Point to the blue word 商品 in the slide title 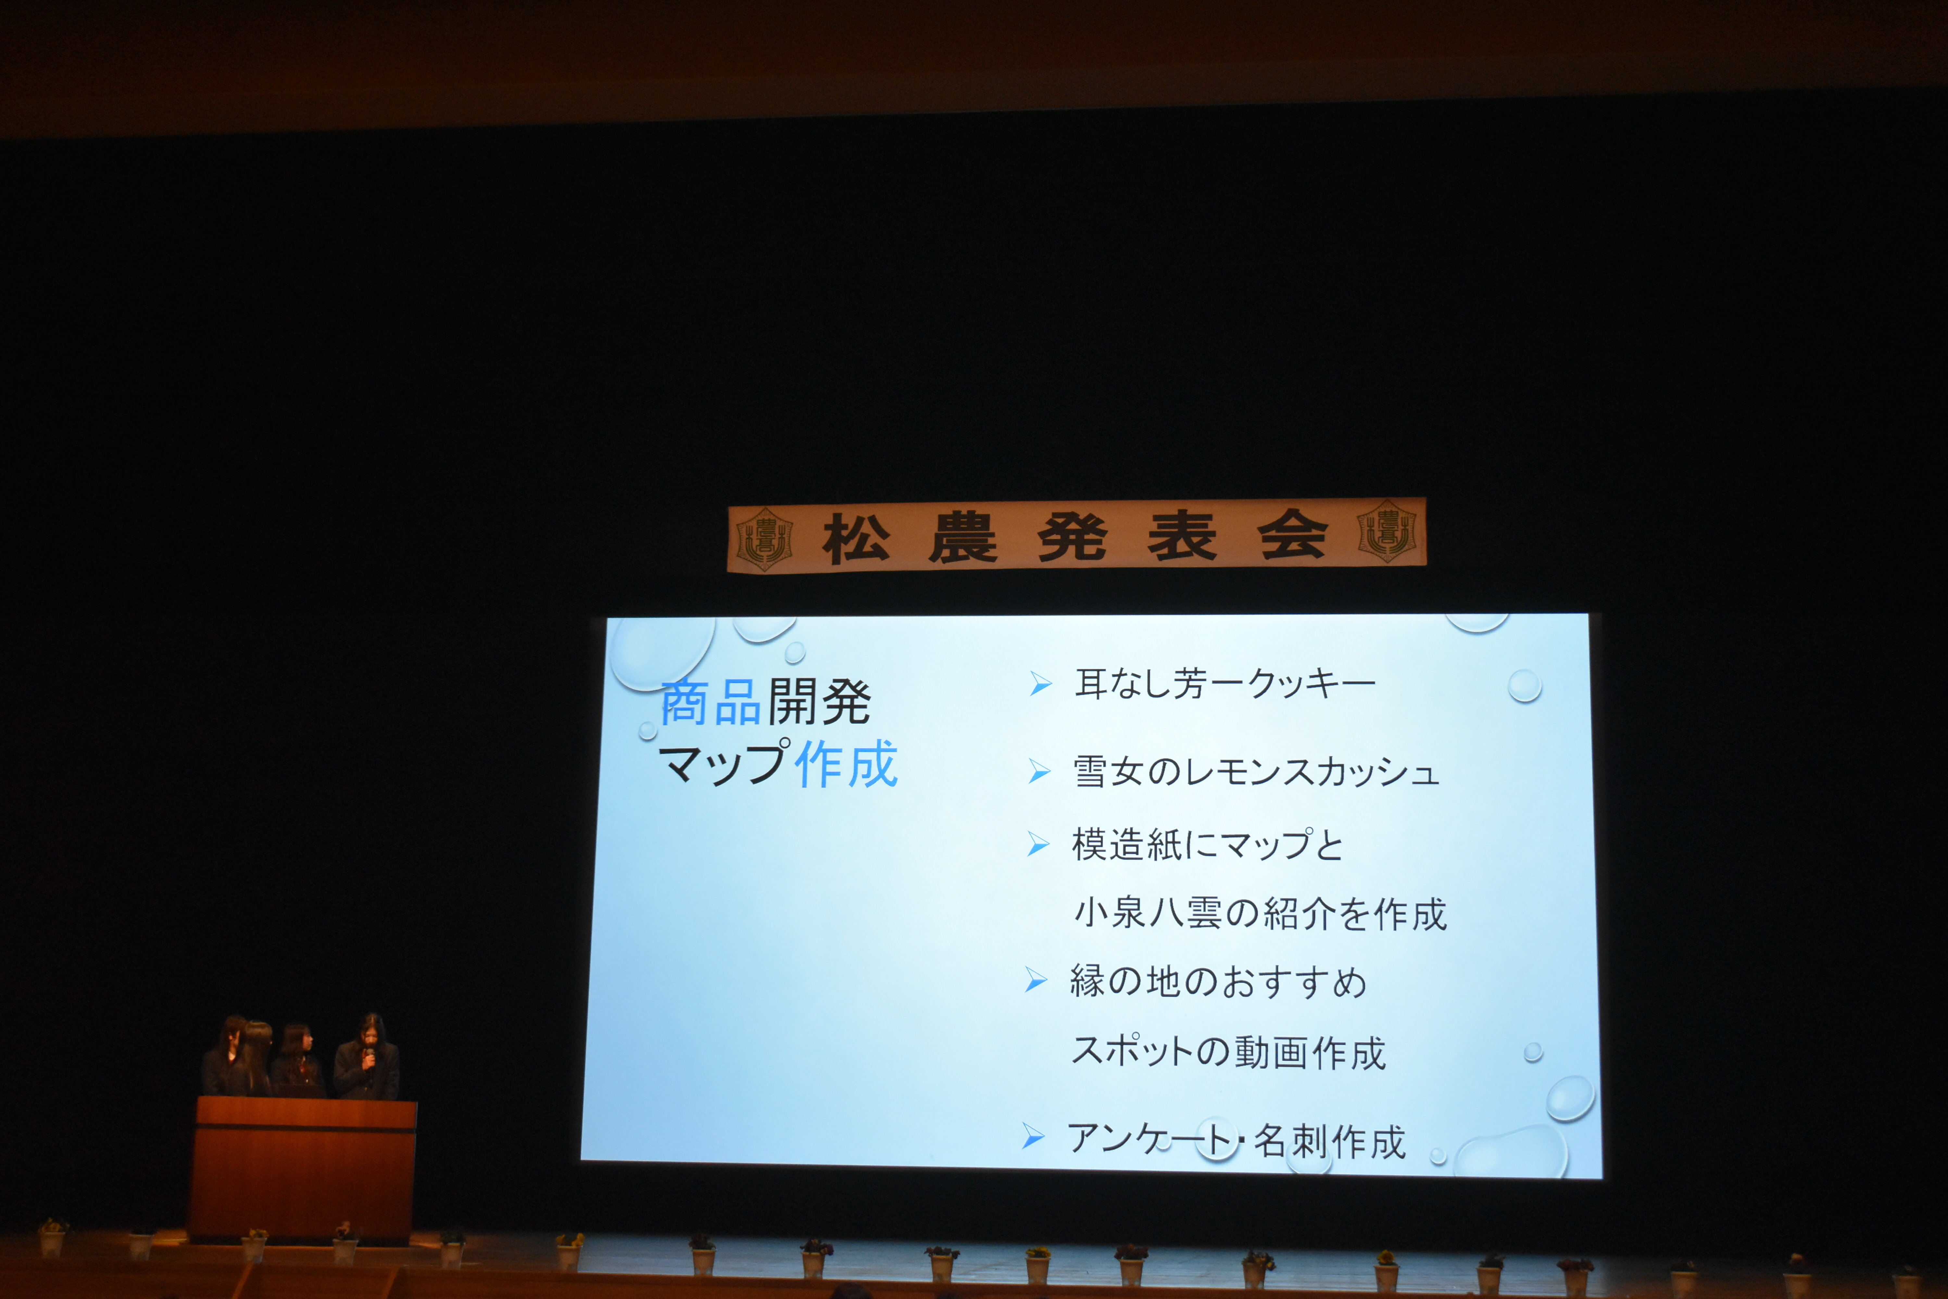click(710, 702)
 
